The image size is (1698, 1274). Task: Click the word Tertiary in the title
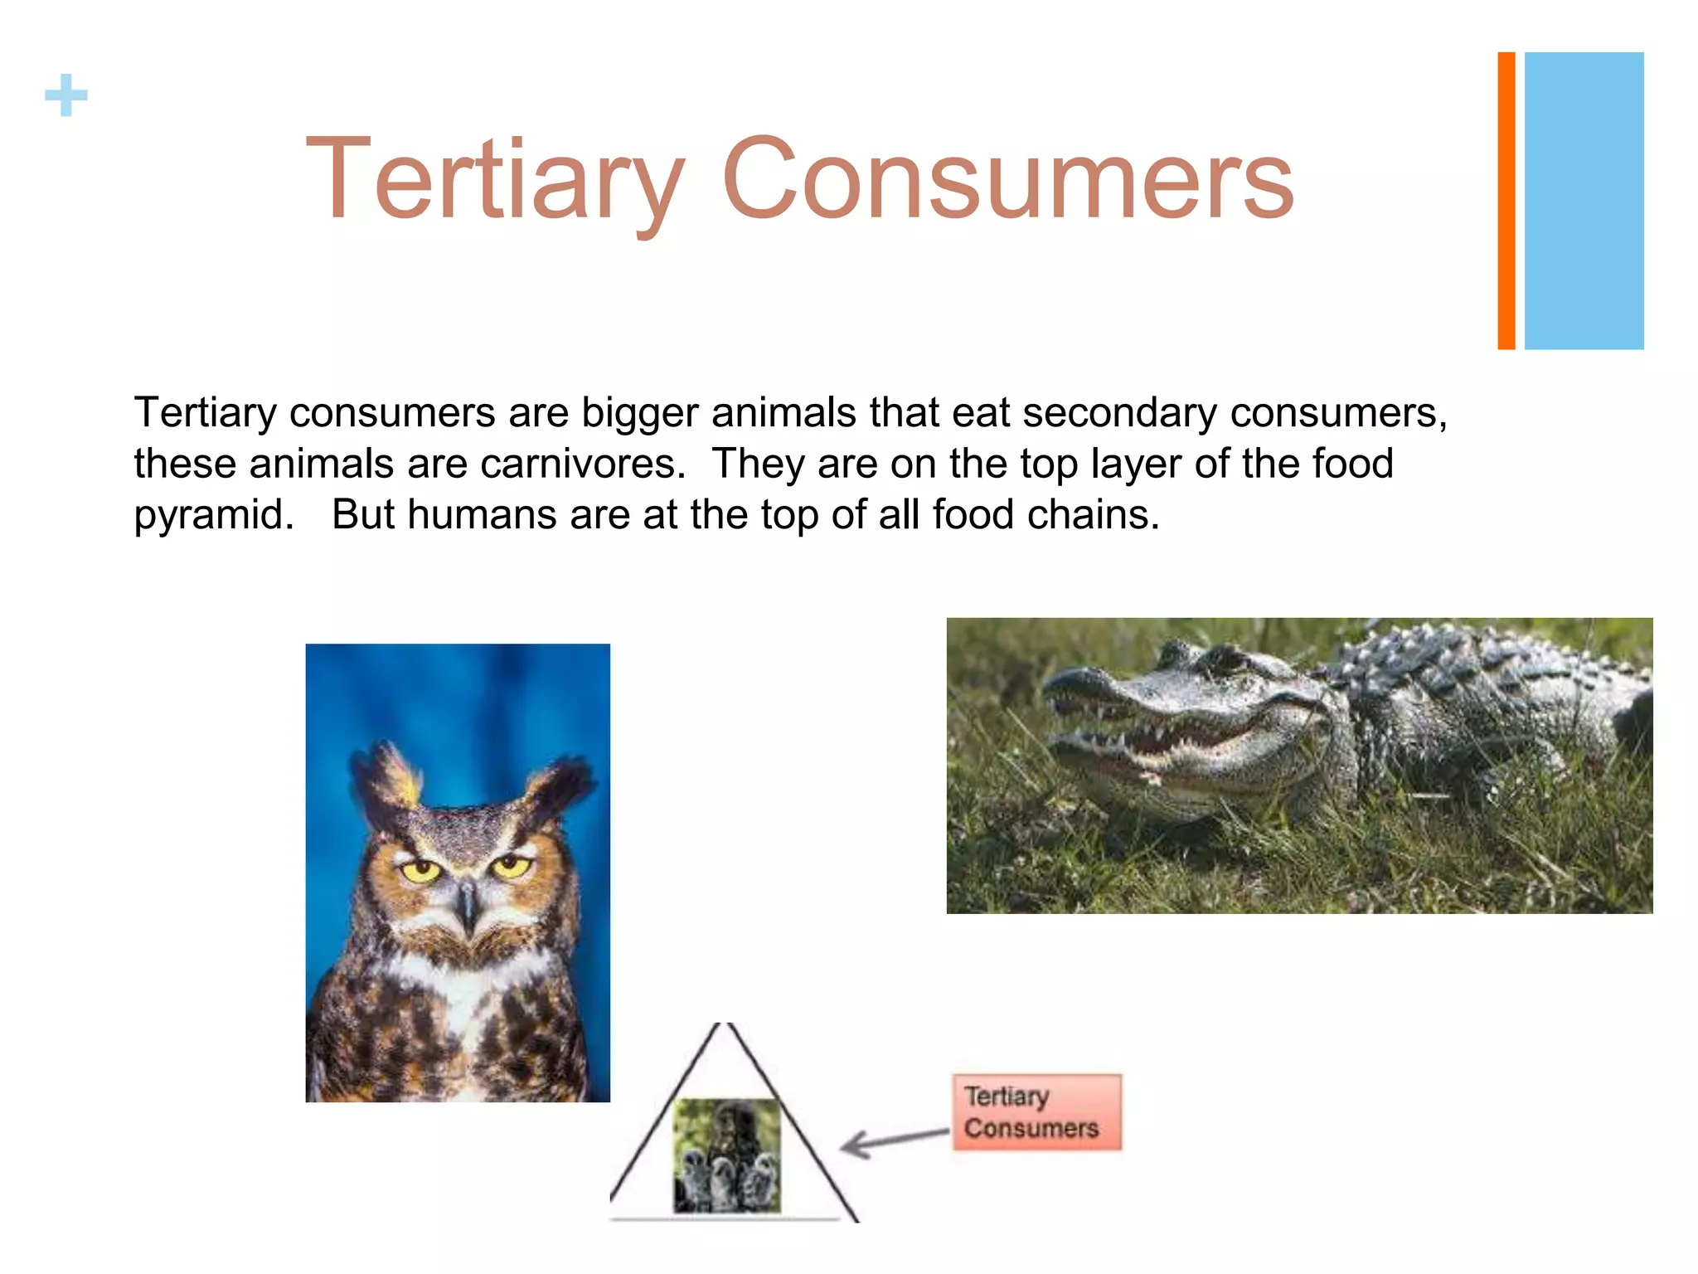495,180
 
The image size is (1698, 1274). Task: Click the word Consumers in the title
1007,180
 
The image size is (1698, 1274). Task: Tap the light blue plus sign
66,95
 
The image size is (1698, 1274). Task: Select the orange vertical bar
1506,201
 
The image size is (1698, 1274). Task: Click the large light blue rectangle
1584,201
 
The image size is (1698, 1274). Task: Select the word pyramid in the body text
213,516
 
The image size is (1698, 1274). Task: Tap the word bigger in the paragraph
639,413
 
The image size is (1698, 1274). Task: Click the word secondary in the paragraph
1118,413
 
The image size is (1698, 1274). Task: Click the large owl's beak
468,904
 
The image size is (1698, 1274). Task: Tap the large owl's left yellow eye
421,871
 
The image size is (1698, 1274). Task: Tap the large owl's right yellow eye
511,868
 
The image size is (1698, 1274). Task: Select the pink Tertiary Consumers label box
1036,1112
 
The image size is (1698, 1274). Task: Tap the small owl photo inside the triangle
726,1155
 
